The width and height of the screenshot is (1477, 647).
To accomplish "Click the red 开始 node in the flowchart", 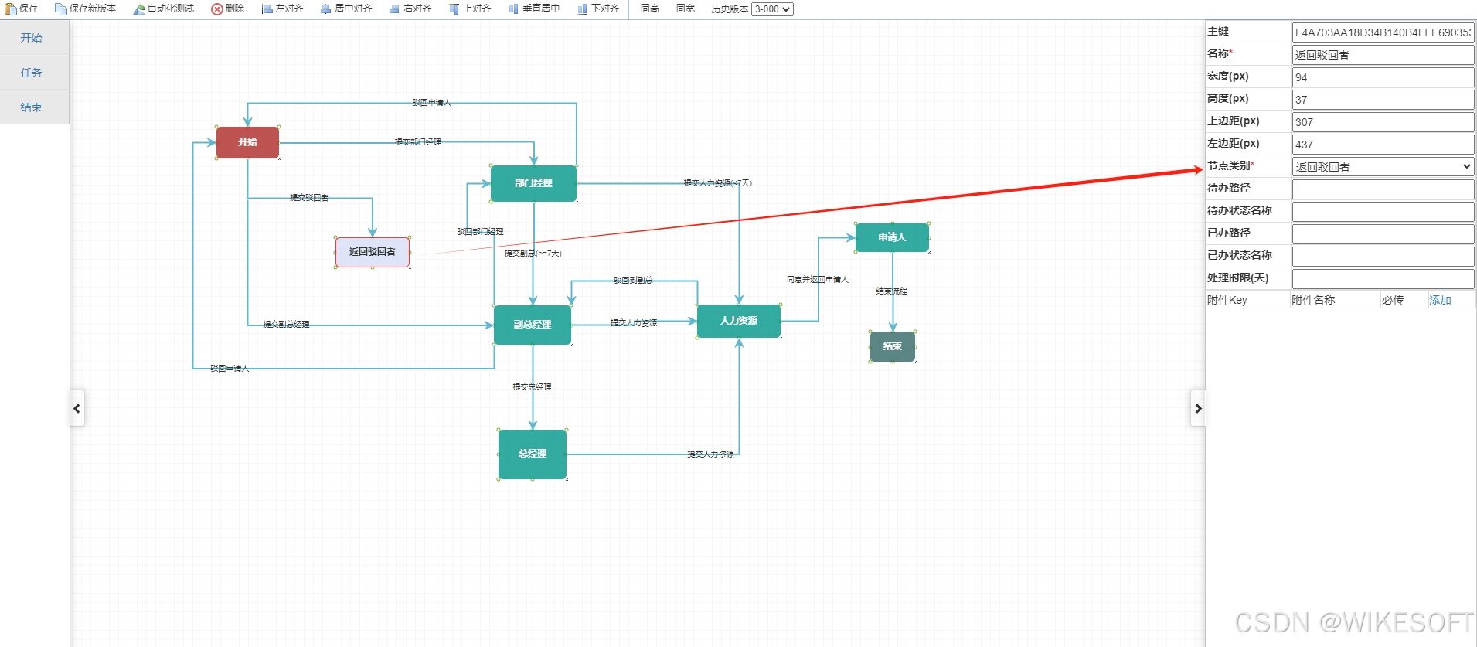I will click(x=247, y=142).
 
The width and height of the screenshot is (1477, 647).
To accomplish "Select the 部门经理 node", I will click(x=533, y=183).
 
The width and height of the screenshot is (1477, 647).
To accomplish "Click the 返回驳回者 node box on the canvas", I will click(x=372, y=252).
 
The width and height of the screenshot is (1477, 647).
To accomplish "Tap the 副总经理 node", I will click(x=533, y=325).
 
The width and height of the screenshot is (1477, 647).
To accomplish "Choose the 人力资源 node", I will click(x=738, y=321).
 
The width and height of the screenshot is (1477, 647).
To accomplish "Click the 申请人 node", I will click(x=892, y=237).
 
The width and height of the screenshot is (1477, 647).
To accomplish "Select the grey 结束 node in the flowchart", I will click(x=893, y=346).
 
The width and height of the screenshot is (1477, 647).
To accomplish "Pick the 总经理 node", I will click(x=533, y=454).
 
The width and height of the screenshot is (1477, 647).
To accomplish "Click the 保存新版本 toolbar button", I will click(x=86, y=9).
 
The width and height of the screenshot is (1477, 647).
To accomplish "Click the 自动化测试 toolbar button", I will click(x=164, y=9).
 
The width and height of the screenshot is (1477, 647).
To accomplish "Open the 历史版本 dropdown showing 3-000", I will click(x=772, y=9).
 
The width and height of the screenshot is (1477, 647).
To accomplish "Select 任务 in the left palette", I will click(x=32, y=73).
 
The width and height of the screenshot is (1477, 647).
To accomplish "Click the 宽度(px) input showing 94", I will click(x=1382, y=77).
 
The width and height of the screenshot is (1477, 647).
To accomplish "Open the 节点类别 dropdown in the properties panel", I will click(x=1382, y=167).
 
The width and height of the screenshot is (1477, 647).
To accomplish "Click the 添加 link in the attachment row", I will click(x=1439, y=300).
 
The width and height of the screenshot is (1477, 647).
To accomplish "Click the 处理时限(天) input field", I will click(x=1382, y=279).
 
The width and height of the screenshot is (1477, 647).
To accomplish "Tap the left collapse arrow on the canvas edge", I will click(x=77, y=408).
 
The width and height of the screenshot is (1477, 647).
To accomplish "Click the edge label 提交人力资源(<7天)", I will click(x=717, y=183).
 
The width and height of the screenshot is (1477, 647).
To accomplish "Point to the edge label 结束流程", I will click(x=891, y=291).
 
